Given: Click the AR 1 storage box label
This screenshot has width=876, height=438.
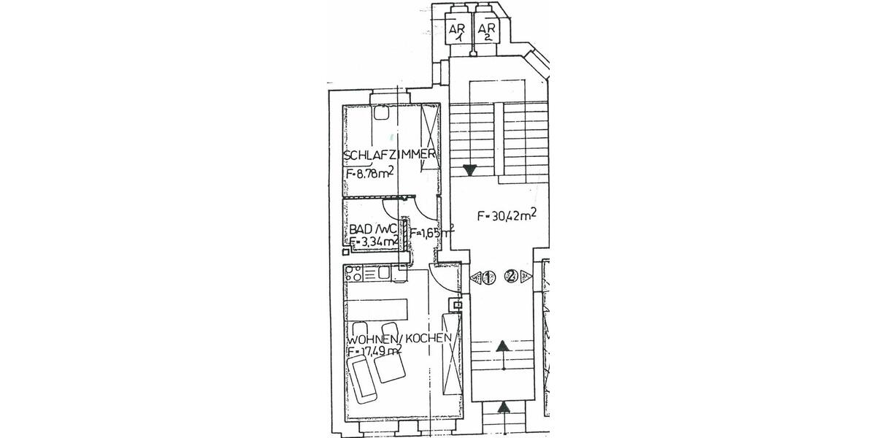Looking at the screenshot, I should tap(457, 31).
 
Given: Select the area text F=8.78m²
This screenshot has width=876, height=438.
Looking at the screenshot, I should tap(371, 174).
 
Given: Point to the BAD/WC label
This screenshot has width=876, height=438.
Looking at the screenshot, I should tap(372, 228).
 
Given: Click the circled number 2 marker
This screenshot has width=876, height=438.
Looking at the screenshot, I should tap(512, 277).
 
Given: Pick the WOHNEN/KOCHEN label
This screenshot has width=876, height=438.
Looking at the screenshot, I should tap(403, 339).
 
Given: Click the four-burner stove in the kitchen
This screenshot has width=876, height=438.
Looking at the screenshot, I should tap(353, 275).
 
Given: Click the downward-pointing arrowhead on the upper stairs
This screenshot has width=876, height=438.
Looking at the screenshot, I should tap(469, 171).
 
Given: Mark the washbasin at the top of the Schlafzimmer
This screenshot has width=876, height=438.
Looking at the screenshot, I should tap(380, 112).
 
